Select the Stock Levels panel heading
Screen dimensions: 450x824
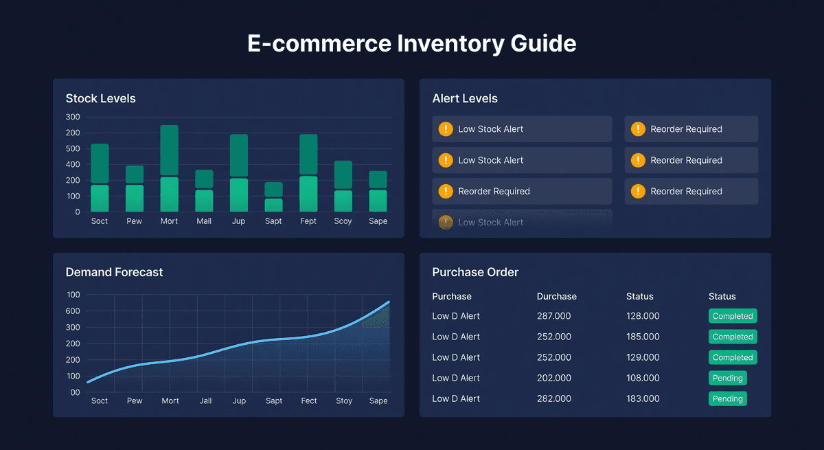(x=100, y=98)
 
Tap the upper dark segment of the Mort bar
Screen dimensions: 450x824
(x=169, y=150)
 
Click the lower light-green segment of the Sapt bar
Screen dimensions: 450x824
(x=273, y=205)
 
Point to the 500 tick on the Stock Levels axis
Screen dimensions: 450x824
(x=73, y=148)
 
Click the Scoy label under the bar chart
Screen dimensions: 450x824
(x=343, y=221)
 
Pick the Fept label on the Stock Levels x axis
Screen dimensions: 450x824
(x=308, y=221)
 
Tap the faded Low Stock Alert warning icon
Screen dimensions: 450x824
(x=446, y=222)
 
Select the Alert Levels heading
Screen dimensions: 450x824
(x=465, y=98)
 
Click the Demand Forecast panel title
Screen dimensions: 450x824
(x=114, y=272)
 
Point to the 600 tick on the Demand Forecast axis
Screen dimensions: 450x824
(x=73, y=311)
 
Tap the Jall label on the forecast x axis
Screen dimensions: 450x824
(x=205, y=401)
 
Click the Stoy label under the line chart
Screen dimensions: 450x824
(x=343, y=401)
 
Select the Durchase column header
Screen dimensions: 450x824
(x=556, y=296)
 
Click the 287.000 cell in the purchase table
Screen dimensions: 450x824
(x=553, y=316)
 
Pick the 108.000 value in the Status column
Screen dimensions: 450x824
(x=642, y=378)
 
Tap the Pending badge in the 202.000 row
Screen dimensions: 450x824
(x=727, y=378)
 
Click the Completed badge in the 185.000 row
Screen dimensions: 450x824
(x=732, y=337)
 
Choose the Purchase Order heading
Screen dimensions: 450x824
(x=475, y=272)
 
